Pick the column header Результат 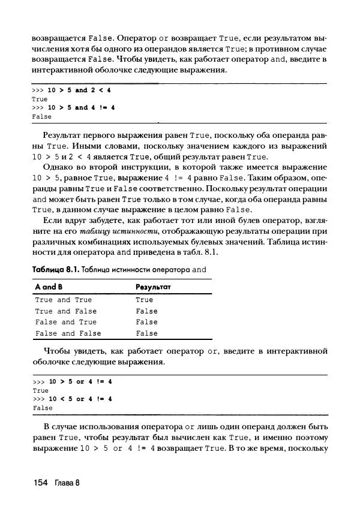click(x=154, y=287)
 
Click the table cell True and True click(x=64, y=300)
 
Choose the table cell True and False click(x=66, y=311)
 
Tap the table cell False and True click(x=66, y=322)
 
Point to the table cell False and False click(x=68, y=333)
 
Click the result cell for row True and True click(x=145, y=300)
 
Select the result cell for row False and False click(x=147, y=333)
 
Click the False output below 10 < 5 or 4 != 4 click(x=42, y=408)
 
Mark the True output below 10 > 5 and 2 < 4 click(x=40, y=99)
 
